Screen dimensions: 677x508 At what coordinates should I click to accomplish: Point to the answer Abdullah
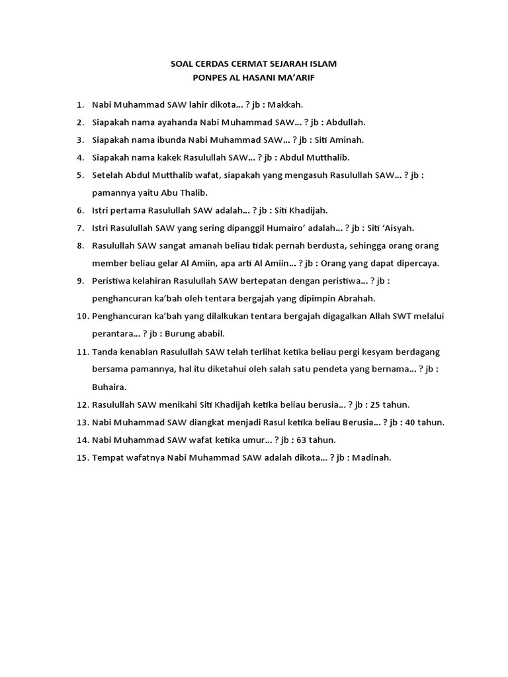point(344,122)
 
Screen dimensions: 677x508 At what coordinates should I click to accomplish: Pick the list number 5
point(79,175)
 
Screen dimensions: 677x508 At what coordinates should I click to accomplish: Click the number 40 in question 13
point(414,422)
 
